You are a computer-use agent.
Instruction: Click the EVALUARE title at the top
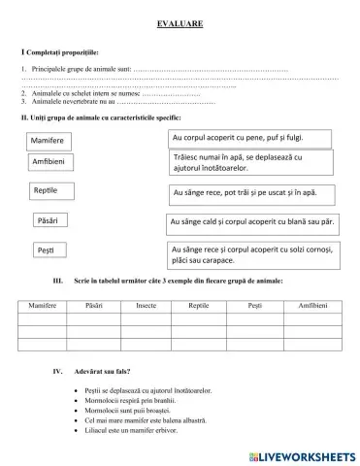pyautogui.click(x=180, y=22)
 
